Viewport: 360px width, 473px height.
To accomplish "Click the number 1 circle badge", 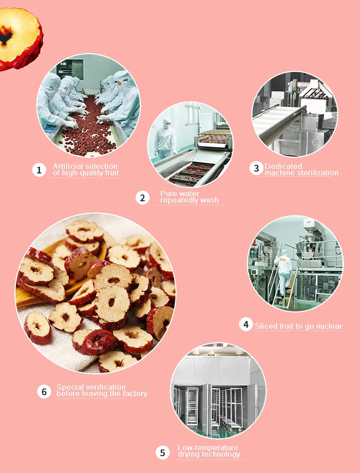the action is (39, 170).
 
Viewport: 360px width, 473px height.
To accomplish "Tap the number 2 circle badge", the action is (143, 198).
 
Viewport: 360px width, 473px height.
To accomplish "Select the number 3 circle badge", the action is (257, 168).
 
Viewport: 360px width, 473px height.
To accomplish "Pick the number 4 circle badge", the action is (246, 325).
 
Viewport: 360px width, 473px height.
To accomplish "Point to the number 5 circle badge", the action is (163, 453).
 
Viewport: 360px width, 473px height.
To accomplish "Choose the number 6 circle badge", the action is (44, 392).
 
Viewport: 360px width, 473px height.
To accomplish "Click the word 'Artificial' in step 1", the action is (68, 166).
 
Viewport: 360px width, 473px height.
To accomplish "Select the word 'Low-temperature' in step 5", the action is (208, 448).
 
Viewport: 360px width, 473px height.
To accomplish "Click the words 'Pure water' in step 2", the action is (180, 193).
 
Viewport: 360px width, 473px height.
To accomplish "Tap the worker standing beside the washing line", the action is (165, 138).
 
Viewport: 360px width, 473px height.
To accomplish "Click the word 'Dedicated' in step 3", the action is (283, 166).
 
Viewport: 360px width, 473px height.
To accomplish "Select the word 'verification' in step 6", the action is (106, 387).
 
